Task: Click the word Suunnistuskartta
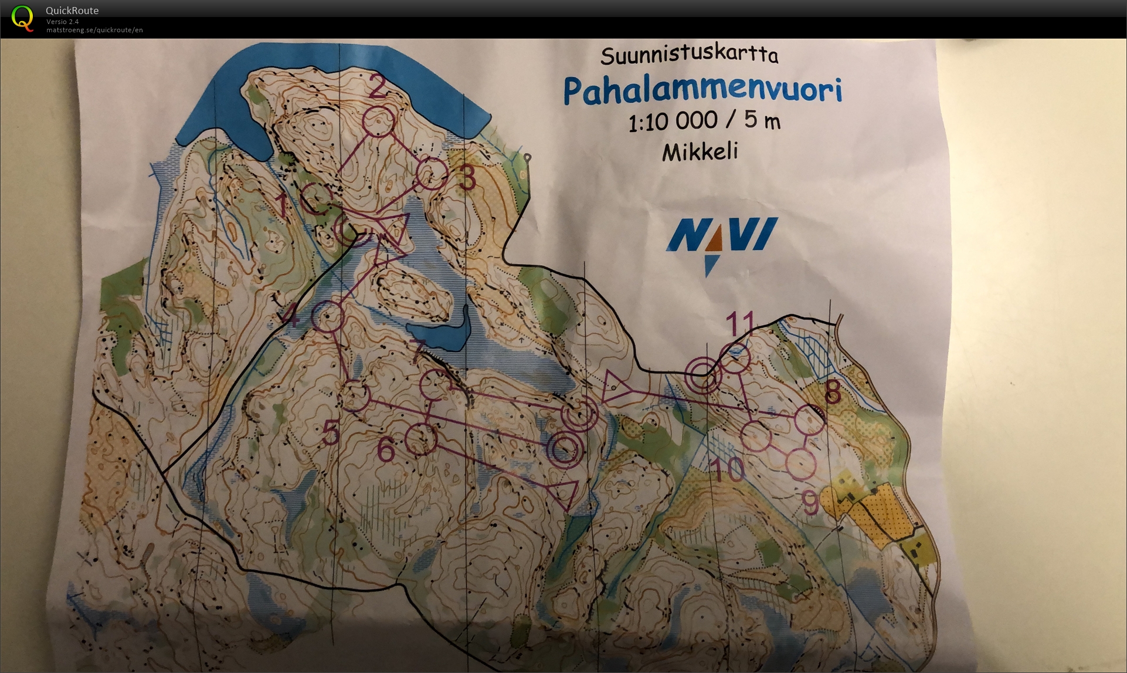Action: click(689, 56)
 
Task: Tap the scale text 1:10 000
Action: click(673, 121)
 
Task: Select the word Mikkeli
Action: click(700, 152)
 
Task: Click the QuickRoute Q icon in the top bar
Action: click(22, 18)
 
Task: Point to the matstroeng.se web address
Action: click(94, 30)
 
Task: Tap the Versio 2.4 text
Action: click(62, 22)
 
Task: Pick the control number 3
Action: click(467, 178)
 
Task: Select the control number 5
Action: click(331, 434)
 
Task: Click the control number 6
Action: click(386, 449)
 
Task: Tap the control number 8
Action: click(833, 392)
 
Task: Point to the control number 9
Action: click(810, 503)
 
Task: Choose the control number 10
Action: click(727, 469)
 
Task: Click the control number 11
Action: click(740, 323)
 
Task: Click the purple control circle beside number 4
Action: click(327, 317)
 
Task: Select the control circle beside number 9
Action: click(800, 463)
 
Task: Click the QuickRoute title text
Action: click(72, 11)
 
